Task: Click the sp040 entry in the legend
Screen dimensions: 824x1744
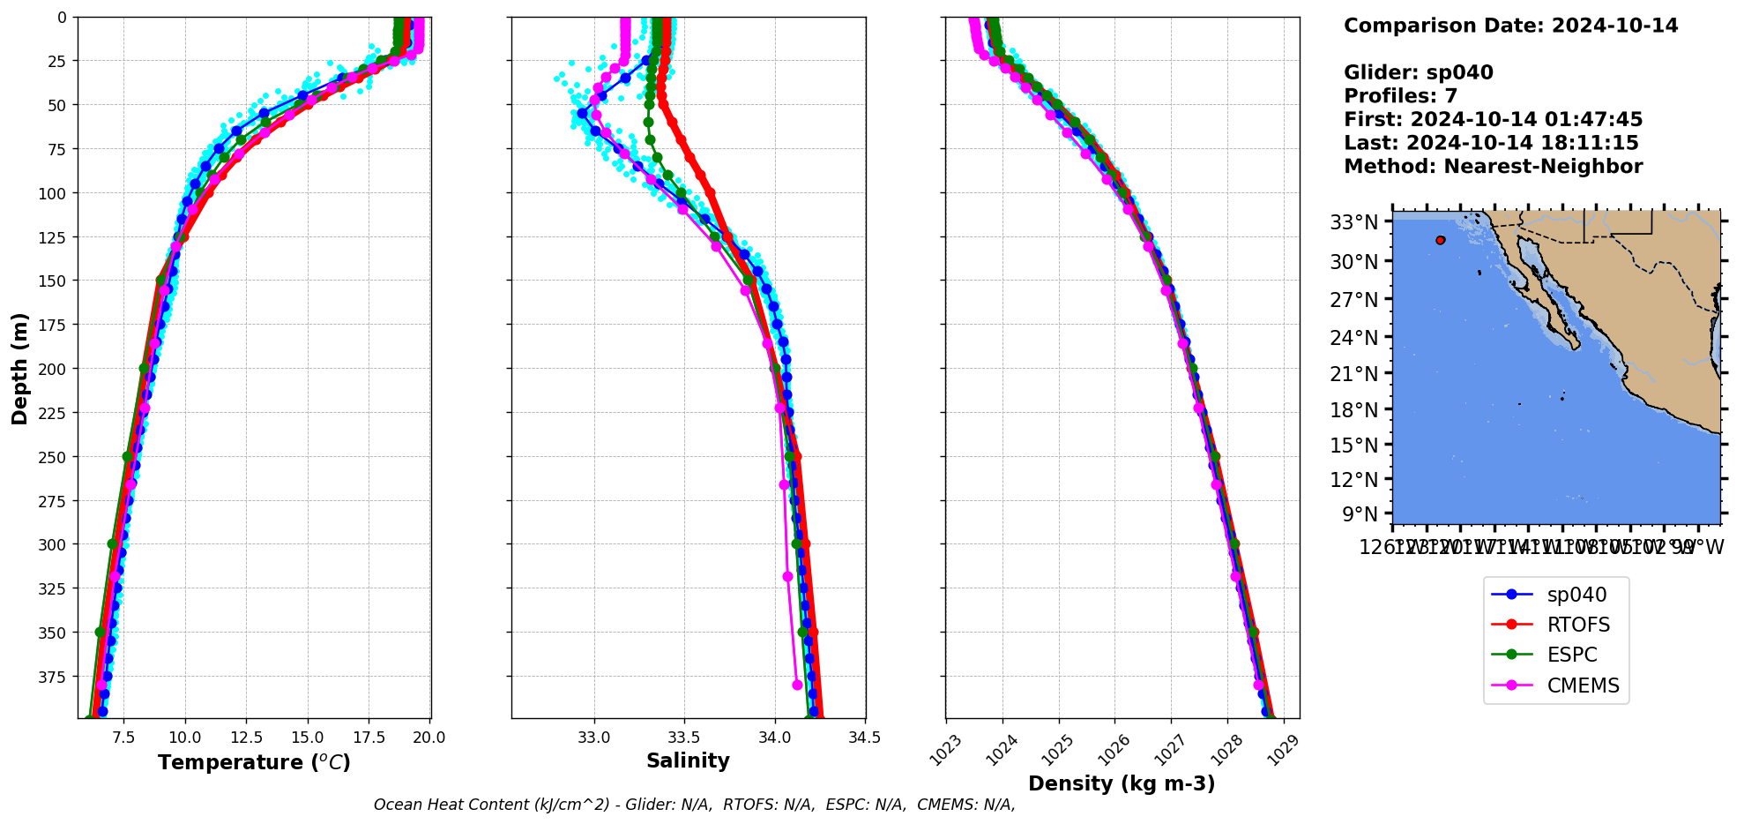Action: pos(1576,595)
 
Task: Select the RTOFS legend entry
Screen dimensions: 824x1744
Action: pos(1577,625)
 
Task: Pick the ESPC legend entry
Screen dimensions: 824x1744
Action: pos(1571,655)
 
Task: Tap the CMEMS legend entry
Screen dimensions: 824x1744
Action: pos(1583,685)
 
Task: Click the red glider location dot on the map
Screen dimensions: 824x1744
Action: pos(1441,240)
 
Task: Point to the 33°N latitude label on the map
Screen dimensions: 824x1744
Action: pos(1353,222)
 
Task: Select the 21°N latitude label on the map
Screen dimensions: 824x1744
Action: pos(1353,374)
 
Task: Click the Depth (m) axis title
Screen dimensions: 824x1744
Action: pos(19,368)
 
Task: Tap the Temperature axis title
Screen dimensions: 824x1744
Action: pos(254,762)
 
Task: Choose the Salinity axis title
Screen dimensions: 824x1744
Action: pos(688,760)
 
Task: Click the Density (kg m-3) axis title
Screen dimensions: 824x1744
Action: pos(1122,783)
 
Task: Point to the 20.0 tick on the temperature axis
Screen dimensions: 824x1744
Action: pos(429,738)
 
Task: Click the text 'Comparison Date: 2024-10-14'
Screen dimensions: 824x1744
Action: pos(1510,26)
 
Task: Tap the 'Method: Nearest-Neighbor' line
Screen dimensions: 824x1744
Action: pos(1493,167)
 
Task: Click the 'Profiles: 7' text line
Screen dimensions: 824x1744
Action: pos(1400,96)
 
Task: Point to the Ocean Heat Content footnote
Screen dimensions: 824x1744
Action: pos(694,805)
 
